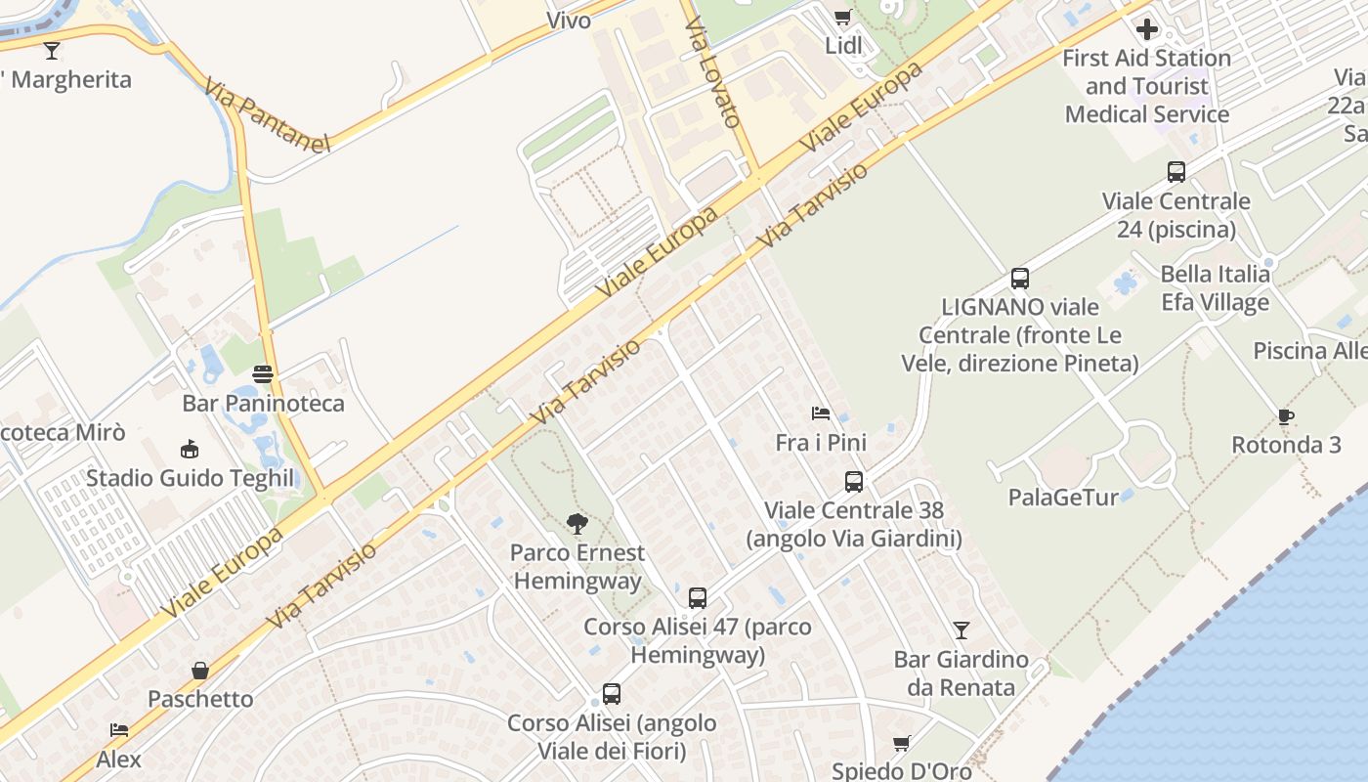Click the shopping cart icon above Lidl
click(x=842, y=17)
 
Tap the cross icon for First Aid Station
click(x=1147, y=28)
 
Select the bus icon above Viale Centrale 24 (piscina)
click(x=1176, y=172)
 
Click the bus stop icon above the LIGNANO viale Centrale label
click(x=1020, y=279)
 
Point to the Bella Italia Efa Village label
click(x=1216, y=288)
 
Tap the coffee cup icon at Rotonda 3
click(x=1286, y=417)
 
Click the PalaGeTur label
click(x=1063, y=498)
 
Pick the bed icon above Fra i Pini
click(x=821, y=413)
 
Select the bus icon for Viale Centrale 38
click(x=854, y=482)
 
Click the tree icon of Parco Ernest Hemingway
click(x=577, y=524)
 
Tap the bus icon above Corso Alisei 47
click(x=698, y=598)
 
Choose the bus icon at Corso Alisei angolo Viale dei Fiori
click(x=612, y=694)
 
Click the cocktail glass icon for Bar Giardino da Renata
click(x=962, y=630)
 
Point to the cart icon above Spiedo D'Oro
click(x=901, y=744)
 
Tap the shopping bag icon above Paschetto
click(x=200, y=671)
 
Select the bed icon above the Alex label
click(x=119, y=730)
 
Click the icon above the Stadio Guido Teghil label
click(x=190, y=450)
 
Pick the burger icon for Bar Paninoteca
click(x=263, y=374)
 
